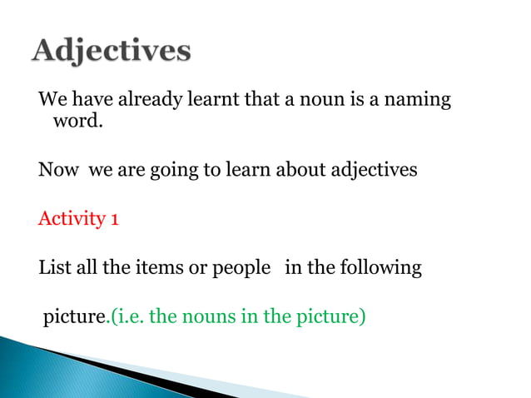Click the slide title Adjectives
click(x=112, y=52)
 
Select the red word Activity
click(x=70, y=220)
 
